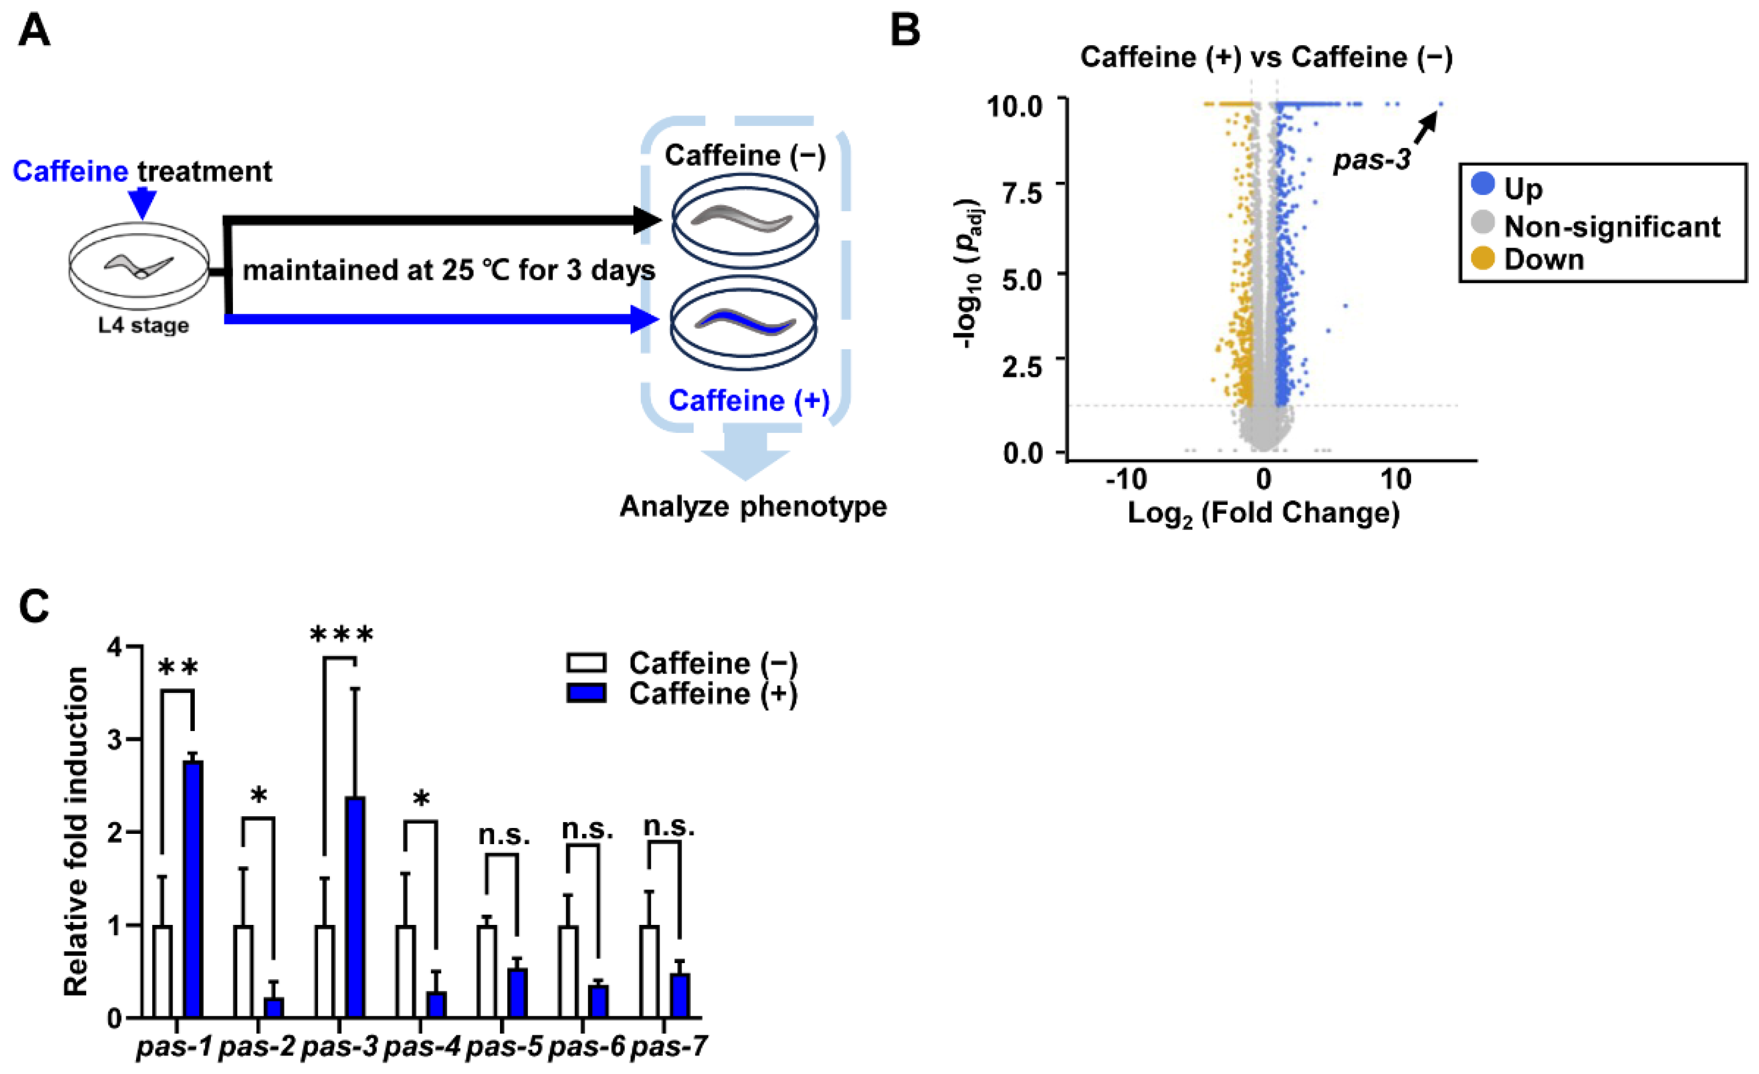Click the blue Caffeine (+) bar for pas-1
(x=193, y=888)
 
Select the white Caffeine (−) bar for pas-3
(x=325, y=971)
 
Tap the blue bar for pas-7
(x=680, y=995)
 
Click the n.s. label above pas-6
(x=587, y=829)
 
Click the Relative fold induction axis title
(x=76, y=831)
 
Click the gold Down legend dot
(x=1483, y=258)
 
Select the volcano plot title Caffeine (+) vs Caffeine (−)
(x=1266, y=57)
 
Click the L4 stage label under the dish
(x=144, y=326)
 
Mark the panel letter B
(x=905, y=31)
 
